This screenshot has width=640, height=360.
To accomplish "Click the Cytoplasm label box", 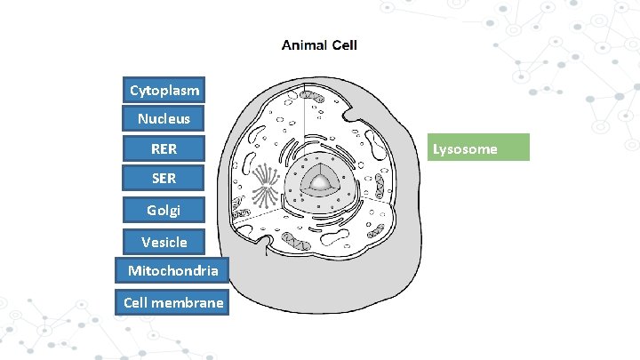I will pos(164,90).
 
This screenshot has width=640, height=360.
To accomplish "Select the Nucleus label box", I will pos(164,118).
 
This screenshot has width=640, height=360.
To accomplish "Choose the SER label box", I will pos(164,179).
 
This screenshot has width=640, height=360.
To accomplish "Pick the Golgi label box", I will pos(164,210).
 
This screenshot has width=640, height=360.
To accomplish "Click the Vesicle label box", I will pos(164,241).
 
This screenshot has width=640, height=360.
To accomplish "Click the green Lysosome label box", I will pos(480,148).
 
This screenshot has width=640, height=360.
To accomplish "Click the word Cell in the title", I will pos(344,44).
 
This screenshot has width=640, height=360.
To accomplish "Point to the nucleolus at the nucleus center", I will pos(319,183).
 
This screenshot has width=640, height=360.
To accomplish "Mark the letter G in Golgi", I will pos(151,210).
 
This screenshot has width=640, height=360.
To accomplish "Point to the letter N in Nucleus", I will pos(142,118).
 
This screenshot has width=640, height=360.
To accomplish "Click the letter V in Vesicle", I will pos(145,241).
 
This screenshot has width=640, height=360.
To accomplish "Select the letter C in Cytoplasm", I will pos(133,90).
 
